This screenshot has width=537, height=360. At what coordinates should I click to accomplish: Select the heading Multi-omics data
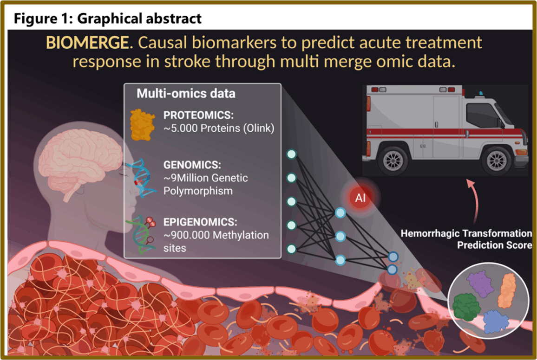tap(186, 93)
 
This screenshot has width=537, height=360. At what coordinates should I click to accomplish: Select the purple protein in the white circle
tap(481, 284)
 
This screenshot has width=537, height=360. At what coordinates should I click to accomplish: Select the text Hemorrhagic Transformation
tap(466, 233)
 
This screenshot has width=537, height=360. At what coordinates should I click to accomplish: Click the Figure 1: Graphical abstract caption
tap(108, 19)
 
